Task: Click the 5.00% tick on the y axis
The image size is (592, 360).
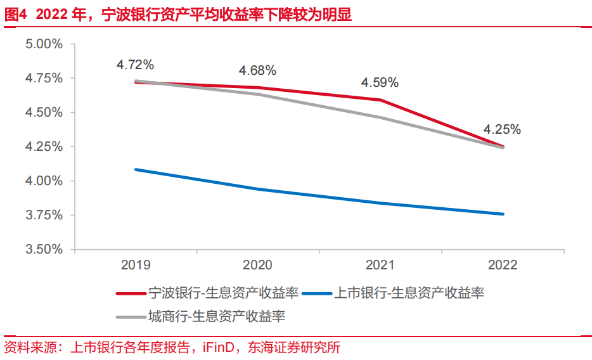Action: click(44, 44)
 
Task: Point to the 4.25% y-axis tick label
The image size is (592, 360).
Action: click(44, 147)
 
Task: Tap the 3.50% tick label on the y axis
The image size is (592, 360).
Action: click(44, 250)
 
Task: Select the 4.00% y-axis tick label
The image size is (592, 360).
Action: click(44, 181)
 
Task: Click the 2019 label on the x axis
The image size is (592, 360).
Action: click(135, 265)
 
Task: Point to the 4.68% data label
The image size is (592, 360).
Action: click(257, 70)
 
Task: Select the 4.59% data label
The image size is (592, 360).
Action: click(380, 82)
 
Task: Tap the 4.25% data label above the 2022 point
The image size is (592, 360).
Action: click(503, 129)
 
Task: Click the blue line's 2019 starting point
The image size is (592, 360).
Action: click(135, 169)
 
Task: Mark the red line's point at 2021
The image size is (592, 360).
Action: click(380, 100)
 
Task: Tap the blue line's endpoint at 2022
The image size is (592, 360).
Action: click(503, 214)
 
